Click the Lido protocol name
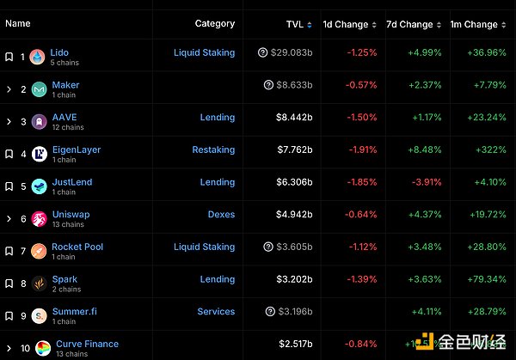point(59,52)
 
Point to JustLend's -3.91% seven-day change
point(427,182)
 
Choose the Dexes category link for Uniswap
point(221,215)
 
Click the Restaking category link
point(213,149)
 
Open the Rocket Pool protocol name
point(77,247)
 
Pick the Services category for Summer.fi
point(216,312)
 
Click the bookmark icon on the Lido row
point(9,57)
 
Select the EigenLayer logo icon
point(39,155)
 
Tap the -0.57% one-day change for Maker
point(362,85)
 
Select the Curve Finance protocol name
point(85,344)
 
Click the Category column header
point(215,24)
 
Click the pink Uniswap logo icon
point(39,219)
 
